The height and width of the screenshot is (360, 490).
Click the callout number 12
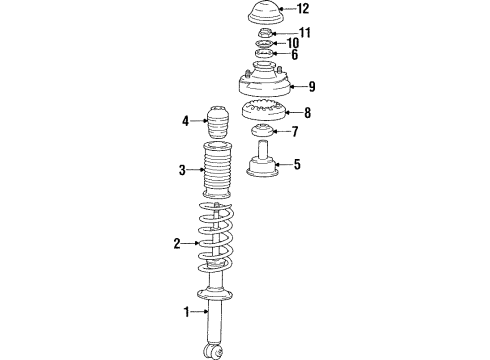[x=303, y=9]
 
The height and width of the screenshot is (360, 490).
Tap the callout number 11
[x=305, y=33]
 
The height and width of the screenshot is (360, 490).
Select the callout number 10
[x=293, y=44]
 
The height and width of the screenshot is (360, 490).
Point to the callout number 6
[x=293, y=56]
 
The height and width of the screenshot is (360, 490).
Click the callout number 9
[x=312, y=86]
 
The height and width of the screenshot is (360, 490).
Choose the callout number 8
[x=307, y=113]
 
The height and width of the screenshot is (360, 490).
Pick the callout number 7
[x=294, y=132]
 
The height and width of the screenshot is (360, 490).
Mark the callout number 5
[x=294, y=165]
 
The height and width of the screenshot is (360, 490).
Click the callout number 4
[x=186, y=123]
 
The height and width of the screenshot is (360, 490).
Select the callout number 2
[x=177, y=243]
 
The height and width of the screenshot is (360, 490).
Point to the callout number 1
[x=186, y=313]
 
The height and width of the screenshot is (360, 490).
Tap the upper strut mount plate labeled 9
[x=263, y=84]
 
